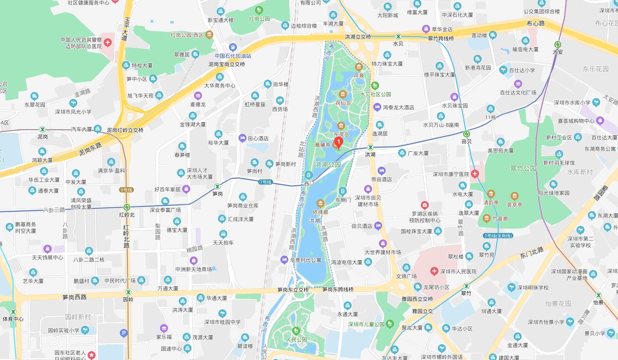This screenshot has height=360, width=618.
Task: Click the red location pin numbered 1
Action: pyautogui.click(x=338, y=143)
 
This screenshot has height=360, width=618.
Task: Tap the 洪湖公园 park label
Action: pyautogui.click(x=328, y=165)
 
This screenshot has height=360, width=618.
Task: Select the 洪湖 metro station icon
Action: pyautogui.click(x=370, y=147)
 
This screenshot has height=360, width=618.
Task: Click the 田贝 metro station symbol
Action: pyautogui.click(x=467, y=134)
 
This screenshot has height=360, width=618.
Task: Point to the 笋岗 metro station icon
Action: pyautogui.click(x=217, y=186)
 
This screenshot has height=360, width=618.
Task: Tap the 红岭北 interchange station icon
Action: pyautogui.click(x=126, y=207)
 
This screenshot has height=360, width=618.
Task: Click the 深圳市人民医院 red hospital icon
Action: pyautogui.click(x=434, y=271)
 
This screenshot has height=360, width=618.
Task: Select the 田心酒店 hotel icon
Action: pyautogui.click(x=242, y=138)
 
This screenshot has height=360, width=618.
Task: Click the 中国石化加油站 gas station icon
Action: pyautogui.click(x=233, y=47)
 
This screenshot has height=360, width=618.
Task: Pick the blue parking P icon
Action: pyautogui.click(x=124, y=334)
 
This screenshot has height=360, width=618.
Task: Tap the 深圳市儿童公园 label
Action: pyautogui.click(x=366, y=324)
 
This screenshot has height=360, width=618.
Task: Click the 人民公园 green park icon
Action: pyautogui.click(x=296, y=330)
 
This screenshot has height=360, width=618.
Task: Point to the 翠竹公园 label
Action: pyautogui.click(x=523, y=168)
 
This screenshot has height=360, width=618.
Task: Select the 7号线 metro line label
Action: pyautogui.click(x=265, y=182)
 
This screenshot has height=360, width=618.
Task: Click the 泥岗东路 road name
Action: pyautogui.click(x=90, y=149)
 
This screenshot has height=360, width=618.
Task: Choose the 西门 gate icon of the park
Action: pyautogui.click(x=309, y=175)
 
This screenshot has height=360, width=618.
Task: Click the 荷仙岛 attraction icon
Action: pyautogui.click(x=342, y=94)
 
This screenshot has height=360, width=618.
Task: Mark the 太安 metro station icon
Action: pyautogui.click(x=557, y=44)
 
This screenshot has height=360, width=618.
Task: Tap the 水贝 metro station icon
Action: pyautogui.click(x=398, y=36)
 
